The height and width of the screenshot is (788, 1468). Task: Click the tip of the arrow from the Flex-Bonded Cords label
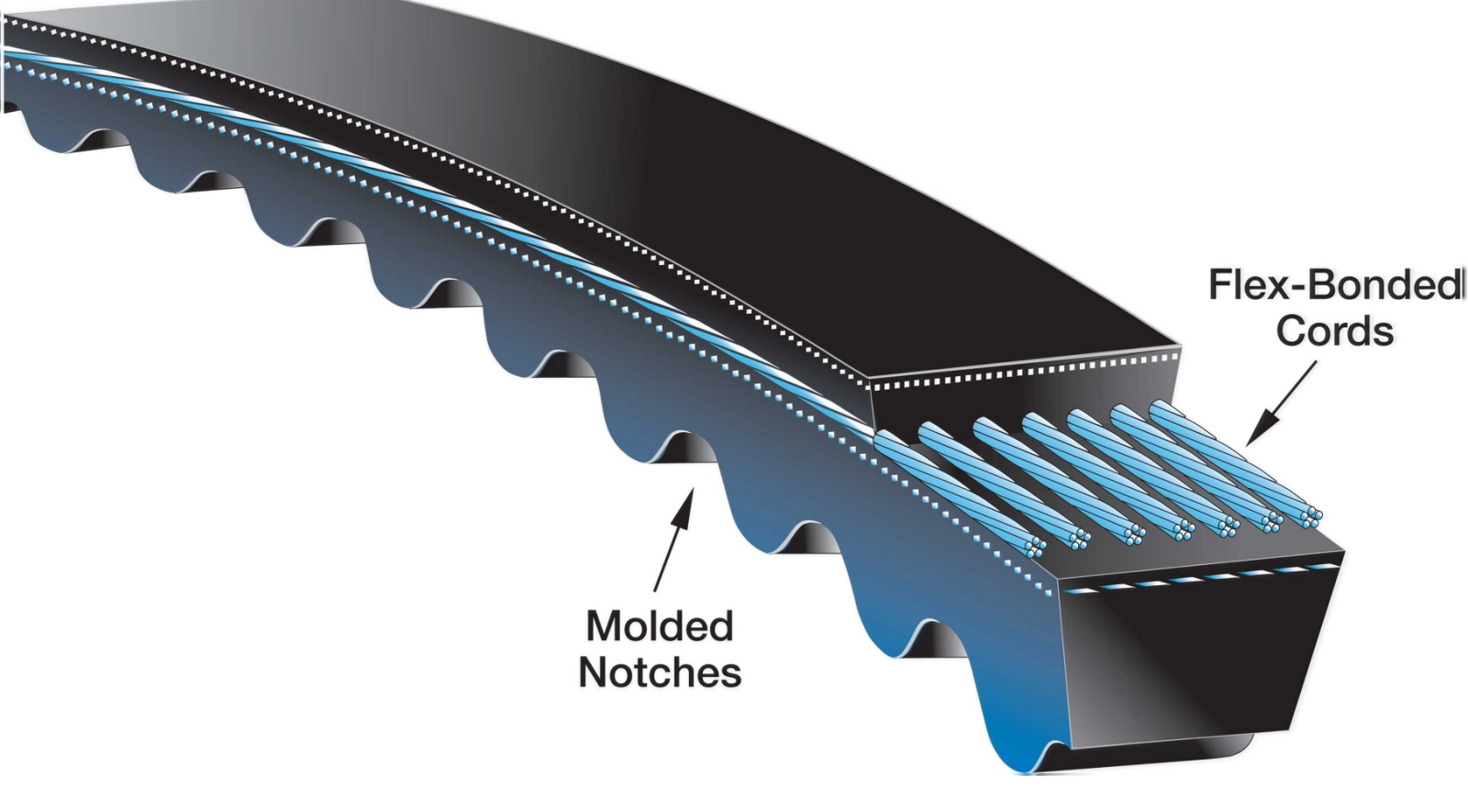coord(1246,446)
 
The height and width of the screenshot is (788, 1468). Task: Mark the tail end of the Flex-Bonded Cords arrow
coord(1316,361)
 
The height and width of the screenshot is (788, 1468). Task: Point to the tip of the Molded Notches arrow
coord(694,488)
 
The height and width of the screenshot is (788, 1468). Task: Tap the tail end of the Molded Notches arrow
coord(655,591)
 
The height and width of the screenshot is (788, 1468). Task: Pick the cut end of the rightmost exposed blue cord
coord(1311,517)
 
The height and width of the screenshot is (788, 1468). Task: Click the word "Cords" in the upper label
coord(1334,331)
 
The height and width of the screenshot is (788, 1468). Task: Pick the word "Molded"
coord(660,627)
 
